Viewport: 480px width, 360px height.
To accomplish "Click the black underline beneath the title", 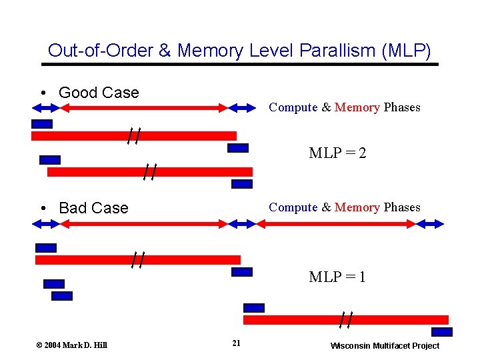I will [240, 64].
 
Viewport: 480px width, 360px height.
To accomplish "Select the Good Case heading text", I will [99, 93].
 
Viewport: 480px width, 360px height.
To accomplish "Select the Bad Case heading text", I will [93, 208].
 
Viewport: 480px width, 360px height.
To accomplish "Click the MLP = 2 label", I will [337, 153].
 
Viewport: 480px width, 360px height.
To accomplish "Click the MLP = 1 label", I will [337, 277].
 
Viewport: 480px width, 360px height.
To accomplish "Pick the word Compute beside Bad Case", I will [293, 207].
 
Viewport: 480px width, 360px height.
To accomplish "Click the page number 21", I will [236, 343].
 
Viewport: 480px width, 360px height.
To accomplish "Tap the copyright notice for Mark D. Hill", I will [71, 345].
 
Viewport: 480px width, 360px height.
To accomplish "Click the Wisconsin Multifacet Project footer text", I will [385, 345].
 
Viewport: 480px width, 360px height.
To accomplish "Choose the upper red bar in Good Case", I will [133, 136].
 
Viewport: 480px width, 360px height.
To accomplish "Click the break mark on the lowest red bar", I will [345, 320].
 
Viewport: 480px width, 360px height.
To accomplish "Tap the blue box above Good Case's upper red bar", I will [42, 124].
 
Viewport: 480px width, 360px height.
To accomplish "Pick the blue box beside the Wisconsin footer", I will [441, 332].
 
